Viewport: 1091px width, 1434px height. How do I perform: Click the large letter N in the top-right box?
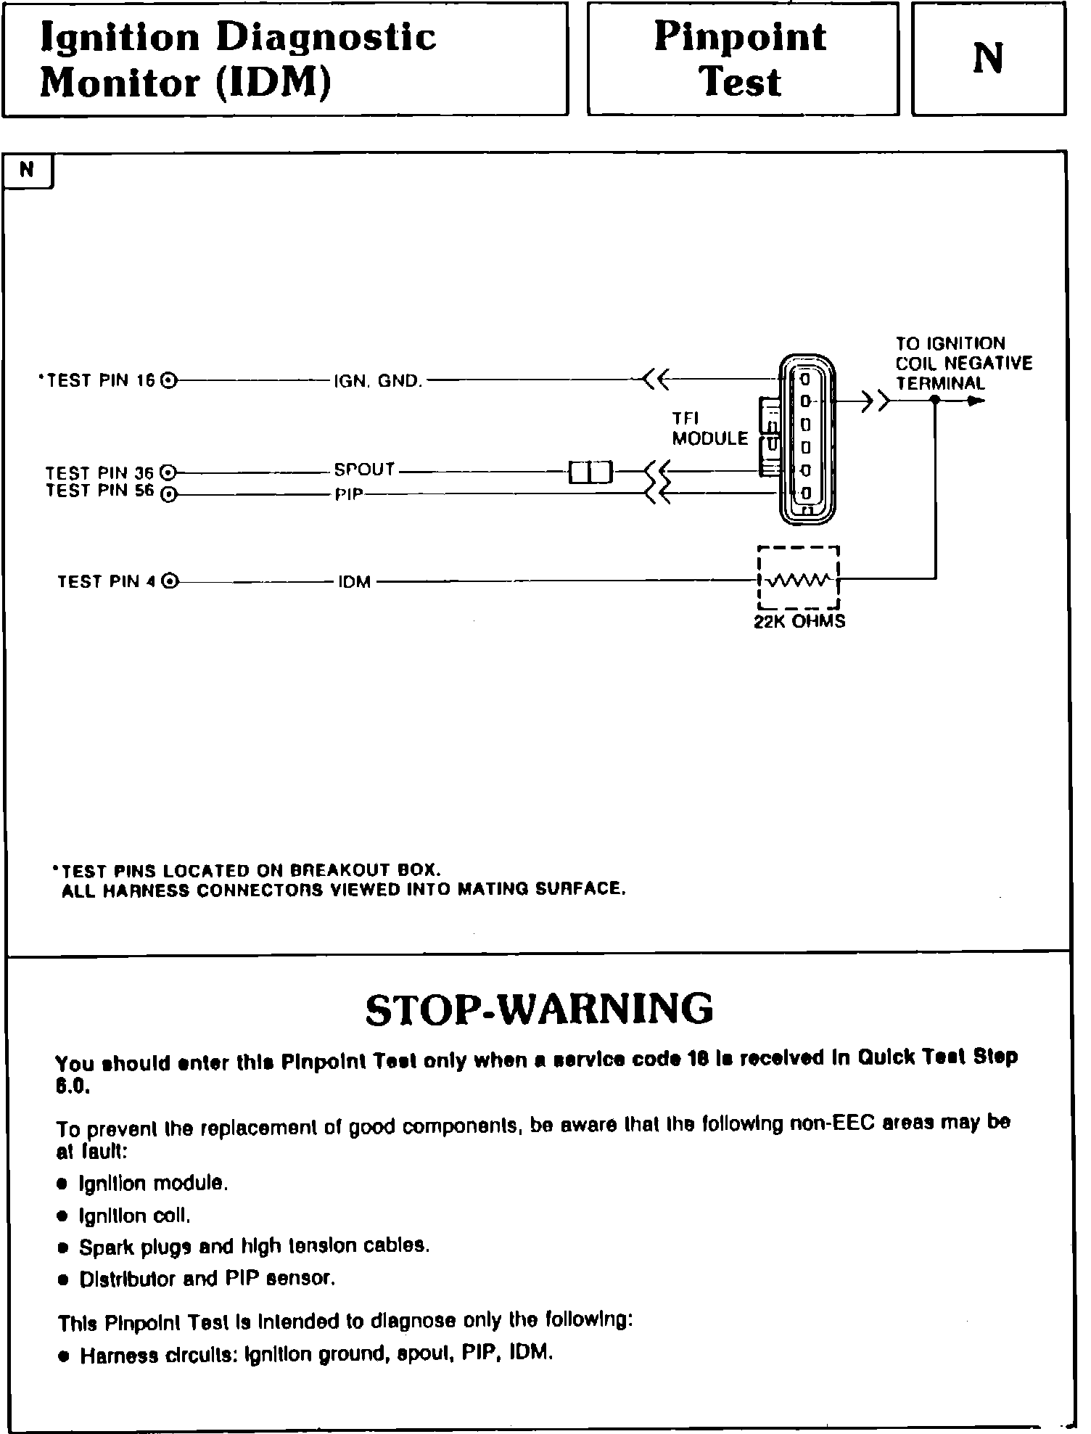point(987,59)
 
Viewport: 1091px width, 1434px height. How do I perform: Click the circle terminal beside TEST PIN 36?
point(168,472)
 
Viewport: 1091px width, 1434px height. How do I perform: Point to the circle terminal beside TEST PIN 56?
point(168,495)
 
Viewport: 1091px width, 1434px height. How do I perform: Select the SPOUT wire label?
point(364,470)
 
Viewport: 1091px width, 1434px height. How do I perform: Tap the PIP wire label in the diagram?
point(349,495)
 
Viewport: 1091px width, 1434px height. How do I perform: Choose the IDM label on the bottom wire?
point(354,581)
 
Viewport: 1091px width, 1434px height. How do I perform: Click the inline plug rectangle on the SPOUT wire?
point(590,472)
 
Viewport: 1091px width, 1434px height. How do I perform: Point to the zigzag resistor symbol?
point(798,581)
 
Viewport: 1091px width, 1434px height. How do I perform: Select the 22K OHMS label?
point(799,621)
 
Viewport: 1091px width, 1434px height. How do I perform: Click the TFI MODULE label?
point(709,429)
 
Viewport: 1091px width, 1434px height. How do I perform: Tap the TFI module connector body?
point(807,438)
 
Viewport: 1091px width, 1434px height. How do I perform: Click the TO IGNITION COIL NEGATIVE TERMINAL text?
point(963,364)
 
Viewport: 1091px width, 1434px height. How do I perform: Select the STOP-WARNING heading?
point(539,1009)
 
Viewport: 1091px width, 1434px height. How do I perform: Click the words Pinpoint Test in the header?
point(741,59)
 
